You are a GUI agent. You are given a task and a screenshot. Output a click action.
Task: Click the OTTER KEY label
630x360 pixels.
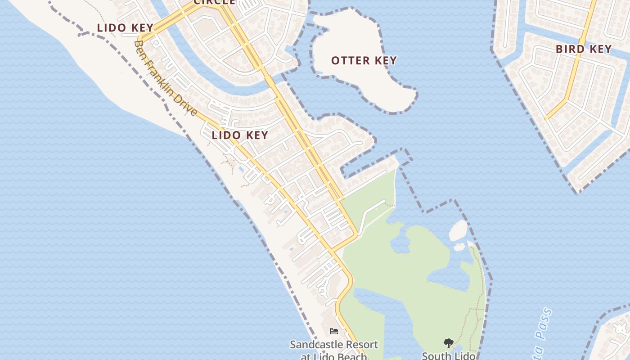point(364,60)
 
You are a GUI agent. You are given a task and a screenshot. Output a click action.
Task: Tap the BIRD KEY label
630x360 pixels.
point(584,49)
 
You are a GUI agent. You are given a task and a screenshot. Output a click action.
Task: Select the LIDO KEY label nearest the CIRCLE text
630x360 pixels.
point(125,27)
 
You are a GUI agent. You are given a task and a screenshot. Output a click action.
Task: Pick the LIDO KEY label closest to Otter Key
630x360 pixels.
point(240,135)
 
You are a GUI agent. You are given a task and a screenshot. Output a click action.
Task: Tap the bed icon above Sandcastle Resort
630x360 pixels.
point(333,331)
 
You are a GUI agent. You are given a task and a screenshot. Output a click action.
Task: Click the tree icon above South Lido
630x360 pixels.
point(448,343)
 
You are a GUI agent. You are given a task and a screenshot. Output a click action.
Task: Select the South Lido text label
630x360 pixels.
point(448,355)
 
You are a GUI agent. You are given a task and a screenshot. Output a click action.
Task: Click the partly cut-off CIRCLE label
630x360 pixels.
point(214,2)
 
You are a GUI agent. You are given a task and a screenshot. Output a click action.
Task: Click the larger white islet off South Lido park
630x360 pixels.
point(459,230)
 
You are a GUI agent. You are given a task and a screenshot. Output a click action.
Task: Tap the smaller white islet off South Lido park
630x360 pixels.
point(459,247)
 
